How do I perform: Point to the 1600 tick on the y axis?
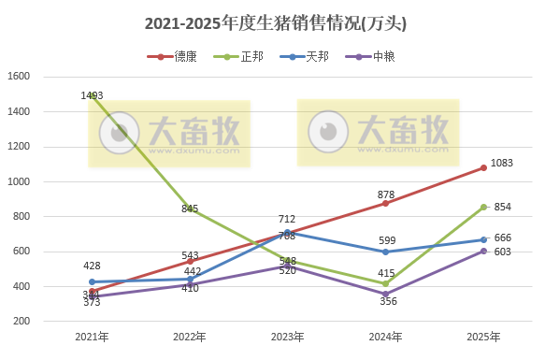click(x=20, y=77)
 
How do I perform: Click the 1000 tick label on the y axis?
click(x=20, y=181)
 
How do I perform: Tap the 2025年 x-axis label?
click(x=483, y=337)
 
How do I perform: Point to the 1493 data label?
click(x=92, y=95)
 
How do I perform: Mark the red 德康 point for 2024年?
click(x=385, y=203)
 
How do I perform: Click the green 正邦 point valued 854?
click(x=483, y=207)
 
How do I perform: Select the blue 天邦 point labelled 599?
click(x=385, y=252)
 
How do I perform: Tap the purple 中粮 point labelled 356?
click(x=385, y=294)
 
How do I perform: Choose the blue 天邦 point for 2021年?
click(x=92, y=281)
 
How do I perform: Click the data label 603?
click(x=502, y=252)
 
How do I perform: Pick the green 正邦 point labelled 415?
click(x=385, y=283)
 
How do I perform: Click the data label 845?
click(x=190, y=209)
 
